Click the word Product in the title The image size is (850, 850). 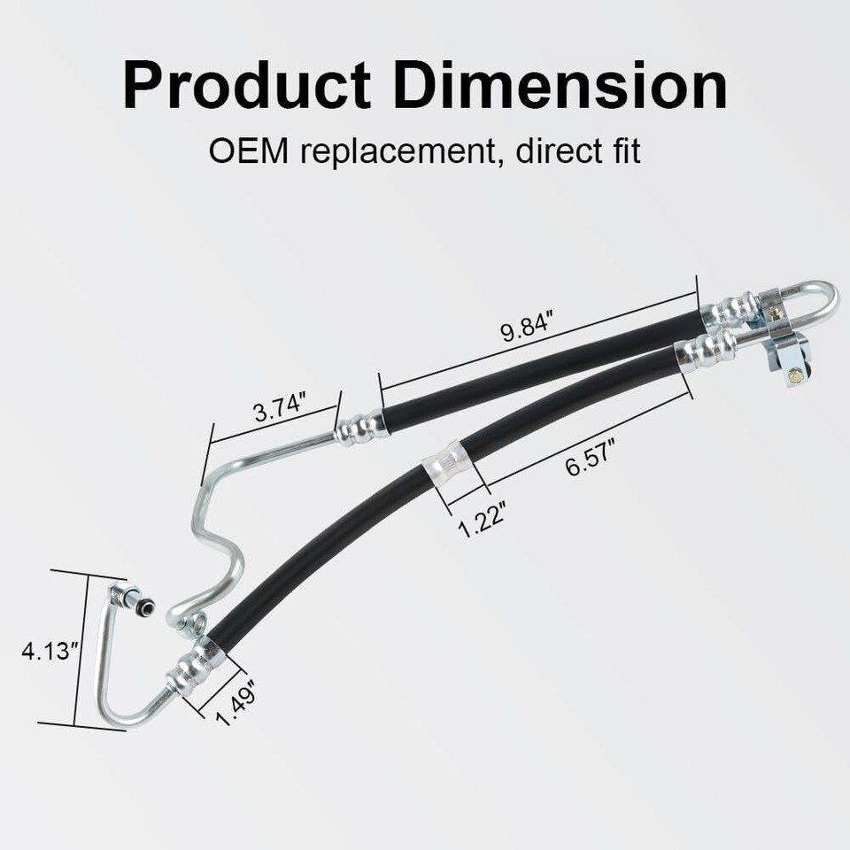[247, 86]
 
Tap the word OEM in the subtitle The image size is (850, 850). [248, 151]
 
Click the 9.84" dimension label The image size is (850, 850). [526, 327]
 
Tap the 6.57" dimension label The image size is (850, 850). [590, 458]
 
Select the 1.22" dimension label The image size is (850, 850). [483, 520]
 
